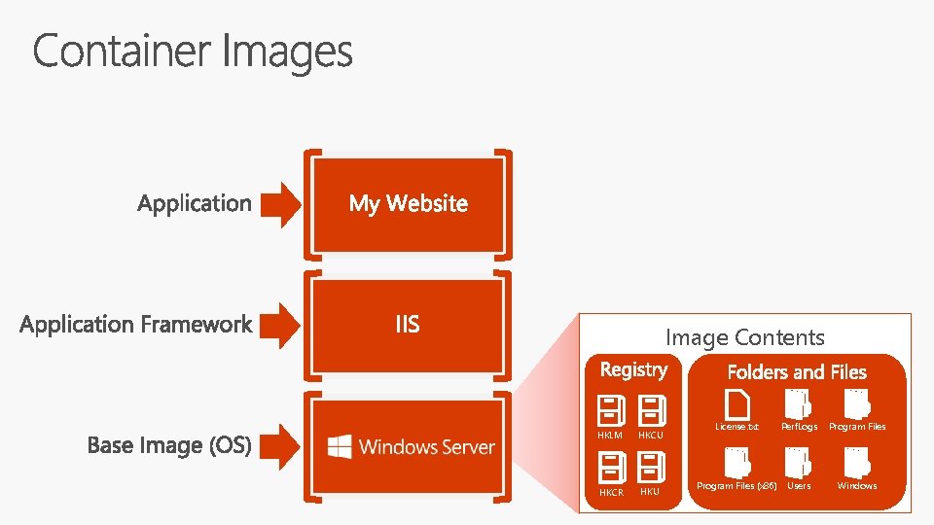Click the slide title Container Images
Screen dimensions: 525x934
(193, 51)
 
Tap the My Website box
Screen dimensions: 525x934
(408, 203)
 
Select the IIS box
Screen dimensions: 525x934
(408, 324)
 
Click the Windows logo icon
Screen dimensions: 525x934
(340, 446)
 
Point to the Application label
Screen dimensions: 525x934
(195, 203)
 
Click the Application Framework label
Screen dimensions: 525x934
(136, 325)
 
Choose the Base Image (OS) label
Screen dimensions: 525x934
(169, 445)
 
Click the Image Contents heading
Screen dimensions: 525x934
(744, 337)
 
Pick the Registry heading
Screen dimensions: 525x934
(633, 369)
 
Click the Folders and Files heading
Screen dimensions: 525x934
(797, 371)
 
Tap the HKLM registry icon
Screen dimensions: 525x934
(610, 409)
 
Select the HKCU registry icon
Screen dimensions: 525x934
(650, 409)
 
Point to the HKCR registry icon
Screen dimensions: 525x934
(610, 468)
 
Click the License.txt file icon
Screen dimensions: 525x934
(736, 403)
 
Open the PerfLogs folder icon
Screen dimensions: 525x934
(798, 403)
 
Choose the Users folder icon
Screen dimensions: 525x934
(798, 464)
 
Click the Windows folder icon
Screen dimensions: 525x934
(856, 464)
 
